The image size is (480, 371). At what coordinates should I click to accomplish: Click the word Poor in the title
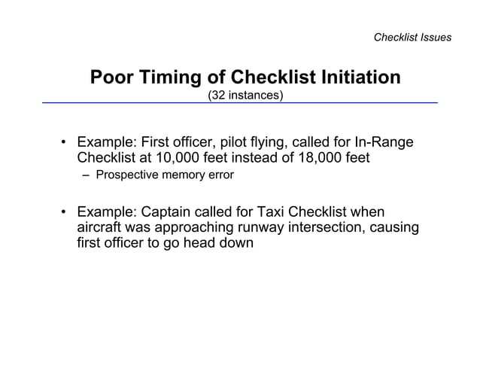click(110, 78)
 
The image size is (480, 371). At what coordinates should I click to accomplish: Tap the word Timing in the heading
click(166, 78)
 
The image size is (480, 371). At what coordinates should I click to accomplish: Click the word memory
click(184, 175)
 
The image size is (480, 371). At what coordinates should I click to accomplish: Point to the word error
click(221, 175)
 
